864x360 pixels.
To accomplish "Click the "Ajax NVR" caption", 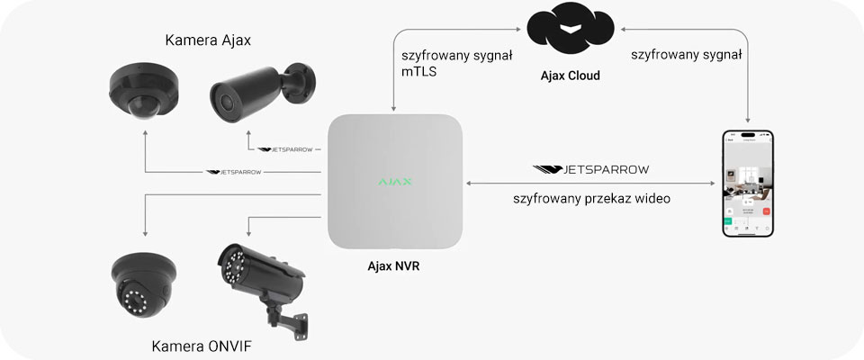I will coord(394,266).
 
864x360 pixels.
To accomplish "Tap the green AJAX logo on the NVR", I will coord(394,182).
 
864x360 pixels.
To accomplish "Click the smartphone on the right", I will coord(748,184).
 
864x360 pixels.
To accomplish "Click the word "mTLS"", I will coord(419,72).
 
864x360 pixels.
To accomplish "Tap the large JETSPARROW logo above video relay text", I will coord(590,168).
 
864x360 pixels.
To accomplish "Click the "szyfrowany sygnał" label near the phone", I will coord(687,55).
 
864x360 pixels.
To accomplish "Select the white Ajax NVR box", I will coord(394,183).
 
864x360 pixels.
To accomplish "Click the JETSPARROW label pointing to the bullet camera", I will coord(285,149).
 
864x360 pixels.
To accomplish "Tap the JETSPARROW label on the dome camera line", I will coord(233,171).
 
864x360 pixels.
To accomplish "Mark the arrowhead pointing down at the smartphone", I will coord(748,121).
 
